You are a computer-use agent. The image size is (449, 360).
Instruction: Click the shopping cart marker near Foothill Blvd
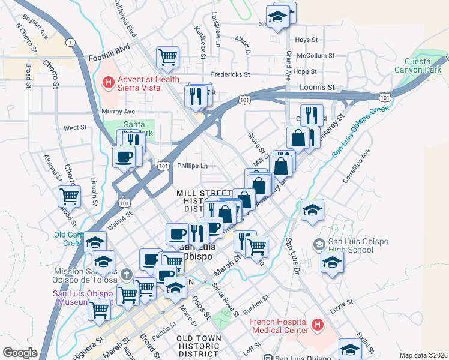coord(167,57)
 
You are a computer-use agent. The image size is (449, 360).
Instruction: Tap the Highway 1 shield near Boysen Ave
coord(71,42)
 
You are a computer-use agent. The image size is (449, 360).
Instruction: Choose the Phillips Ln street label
coord(192,166)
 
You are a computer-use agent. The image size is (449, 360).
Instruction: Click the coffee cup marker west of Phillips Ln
coord(124,157)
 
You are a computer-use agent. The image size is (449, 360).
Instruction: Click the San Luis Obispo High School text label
coord(358,246)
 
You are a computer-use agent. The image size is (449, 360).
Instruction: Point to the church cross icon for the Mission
coord(125,274)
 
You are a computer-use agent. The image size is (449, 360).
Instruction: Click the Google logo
coord(20,353)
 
